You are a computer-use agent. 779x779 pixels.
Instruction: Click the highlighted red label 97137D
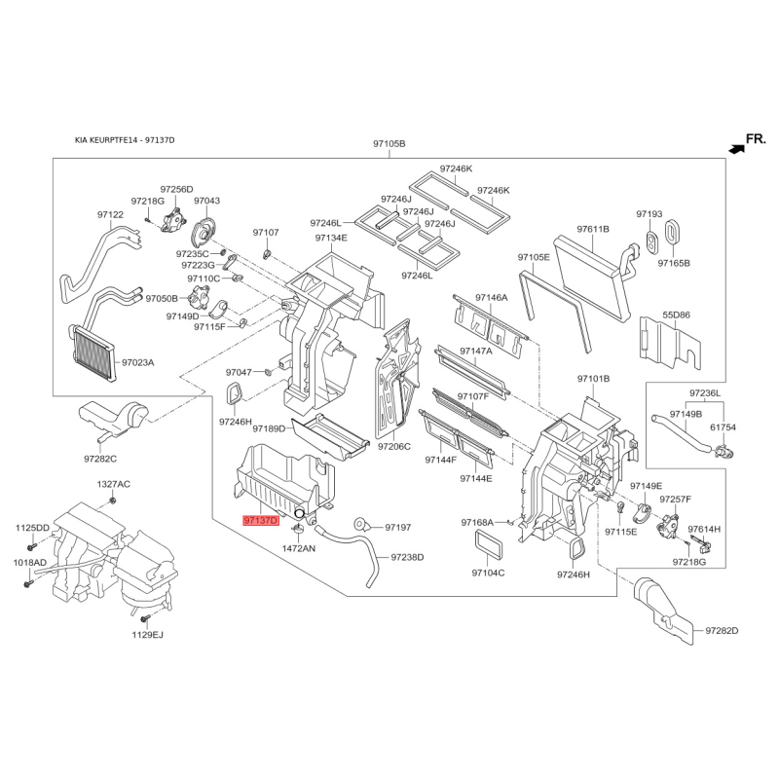(261, 521)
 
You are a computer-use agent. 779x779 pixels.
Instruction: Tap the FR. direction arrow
(736, 148)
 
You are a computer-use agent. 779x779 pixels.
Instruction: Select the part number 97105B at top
(389, 144)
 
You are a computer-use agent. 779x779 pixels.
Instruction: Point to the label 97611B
(593, 229)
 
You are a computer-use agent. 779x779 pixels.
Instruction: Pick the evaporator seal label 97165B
(674, 263)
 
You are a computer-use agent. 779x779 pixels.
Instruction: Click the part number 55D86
(676, 315)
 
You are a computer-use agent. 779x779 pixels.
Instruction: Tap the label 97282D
(722, 630)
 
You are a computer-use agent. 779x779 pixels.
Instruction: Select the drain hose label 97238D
(407, 557)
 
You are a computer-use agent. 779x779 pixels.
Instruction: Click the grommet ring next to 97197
(359, 524)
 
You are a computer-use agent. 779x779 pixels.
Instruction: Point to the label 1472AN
(299, 548)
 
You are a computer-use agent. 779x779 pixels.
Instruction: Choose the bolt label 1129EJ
(148, 635)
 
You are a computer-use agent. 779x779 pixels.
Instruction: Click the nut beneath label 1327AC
(113, 500)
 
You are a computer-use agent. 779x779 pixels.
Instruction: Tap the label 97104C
(488, 573)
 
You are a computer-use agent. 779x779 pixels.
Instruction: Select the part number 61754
(723, 427)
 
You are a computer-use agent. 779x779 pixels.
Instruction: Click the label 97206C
(394, 446)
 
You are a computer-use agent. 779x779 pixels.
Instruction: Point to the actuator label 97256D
(176, 189)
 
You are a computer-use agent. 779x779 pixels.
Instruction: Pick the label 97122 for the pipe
(110, 214)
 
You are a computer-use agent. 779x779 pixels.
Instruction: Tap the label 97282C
(100, 459)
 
